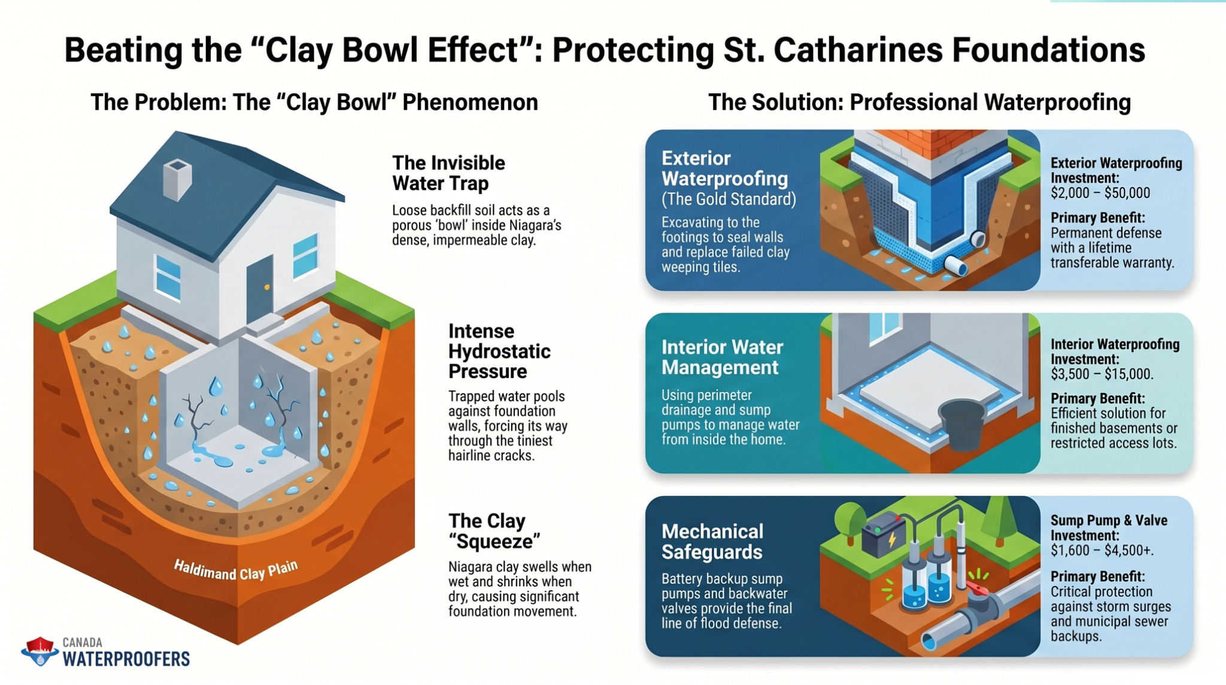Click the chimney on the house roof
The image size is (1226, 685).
pos(177,179)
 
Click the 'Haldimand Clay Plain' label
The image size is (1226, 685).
pos(236,570)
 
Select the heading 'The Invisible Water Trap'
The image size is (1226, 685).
pos(448,173)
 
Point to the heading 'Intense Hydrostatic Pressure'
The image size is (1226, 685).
pos(499,351)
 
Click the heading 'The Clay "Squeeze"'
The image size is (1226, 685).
pos(494,531)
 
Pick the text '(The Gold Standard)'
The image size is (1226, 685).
pos(729,199)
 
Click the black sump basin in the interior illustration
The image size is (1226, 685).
pos(962,425)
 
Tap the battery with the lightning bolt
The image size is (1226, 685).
pos(884,534)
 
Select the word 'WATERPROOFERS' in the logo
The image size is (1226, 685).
pos(126,659)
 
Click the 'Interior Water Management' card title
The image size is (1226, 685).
pos(722,357)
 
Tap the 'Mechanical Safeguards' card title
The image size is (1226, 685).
pos(712,541)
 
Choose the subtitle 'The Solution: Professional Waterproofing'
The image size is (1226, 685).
pos(919,102)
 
